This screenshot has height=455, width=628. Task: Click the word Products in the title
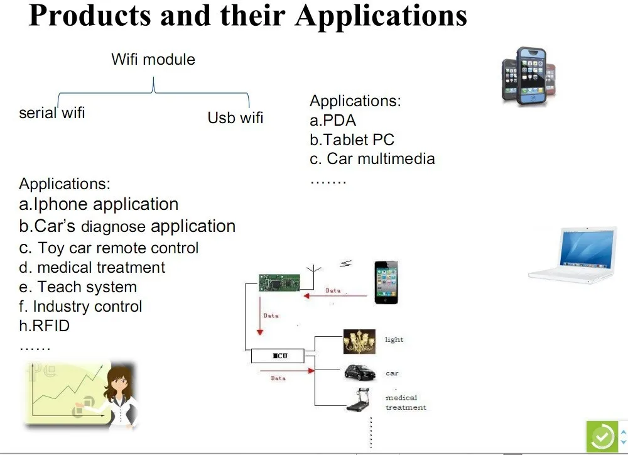(x=90, y=16)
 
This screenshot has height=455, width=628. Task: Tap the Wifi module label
(x=153, y=59)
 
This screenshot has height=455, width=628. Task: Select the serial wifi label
(x=52, y=113)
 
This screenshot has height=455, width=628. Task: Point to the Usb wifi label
(x=235, y=118)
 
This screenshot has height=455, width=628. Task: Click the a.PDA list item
(x=333, y=120)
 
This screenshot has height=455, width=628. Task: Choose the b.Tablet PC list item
(x=352, y=140)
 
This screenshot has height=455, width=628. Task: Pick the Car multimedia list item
(x=372, y=159)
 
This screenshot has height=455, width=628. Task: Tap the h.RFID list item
(x=44, y=326)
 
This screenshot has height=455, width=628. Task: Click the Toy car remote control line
(x=109, y=248)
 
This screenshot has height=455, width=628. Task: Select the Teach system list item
(x=78, y=287)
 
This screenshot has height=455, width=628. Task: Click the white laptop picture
(x=573, y=255)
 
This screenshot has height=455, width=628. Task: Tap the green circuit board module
(x=279, y=282)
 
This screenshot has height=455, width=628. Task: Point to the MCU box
(x=278, y=356)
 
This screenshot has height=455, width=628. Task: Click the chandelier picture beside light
(x=359, y=341)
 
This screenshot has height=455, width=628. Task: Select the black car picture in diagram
(x=360, y=373)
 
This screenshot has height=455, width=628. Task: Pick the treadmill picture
(x=358, y=400)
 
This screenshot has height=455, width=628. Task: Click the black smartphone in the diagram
(x=386, y=282)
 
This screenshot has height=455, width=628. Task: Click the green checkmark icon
(x=602, y=437)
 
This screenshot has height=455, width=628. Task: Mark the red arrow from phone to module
(x=335, y=296)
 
